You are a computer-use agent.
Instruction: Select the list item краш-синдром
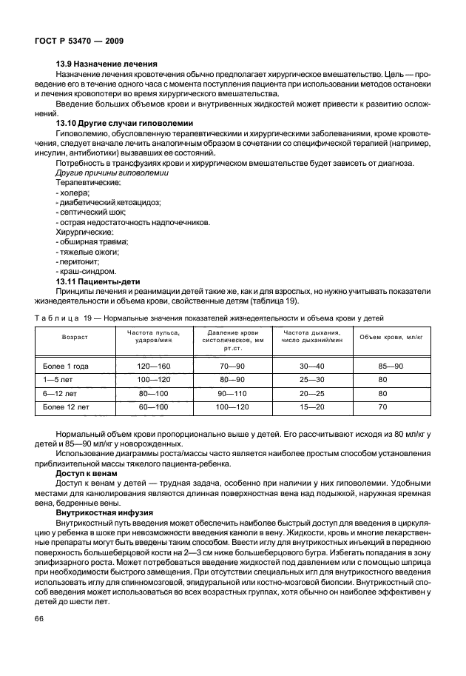(x=85, y=270)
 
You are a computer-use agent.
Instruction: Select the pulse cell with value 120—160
(x=154, y=366)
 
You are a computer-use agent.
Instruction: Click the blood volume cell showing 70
(x=382, y=406)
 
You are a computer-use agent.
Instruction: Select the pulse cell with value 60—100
(x=154, y=406)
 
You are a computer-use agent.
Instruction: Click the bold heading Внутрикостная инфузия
(x=104, y=511)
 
